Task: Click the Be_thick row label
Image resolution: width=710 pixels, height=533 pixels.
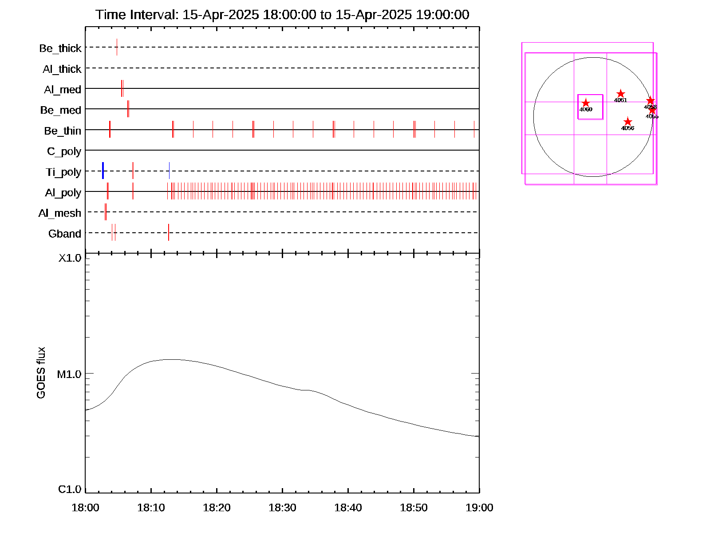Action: (x=60, y=48)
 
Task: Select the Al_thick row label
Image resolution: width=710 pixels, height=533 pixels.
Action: (x=62, y=69)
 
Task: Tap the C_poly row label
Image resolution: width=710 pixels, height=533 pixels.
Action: (x=64, y=151)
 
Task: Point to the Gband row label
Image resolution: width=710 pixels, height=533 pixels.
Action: (x=65, y=234)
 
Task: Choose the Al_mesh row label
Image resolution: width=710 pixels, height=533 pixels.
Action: (x=60, y=213)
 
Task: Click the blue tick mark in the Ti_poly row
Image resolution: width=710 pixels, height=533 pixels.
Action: (x=103, y=171)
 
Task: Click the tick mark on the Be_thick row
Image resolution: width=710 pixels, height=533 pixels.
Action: (x=117, y=47)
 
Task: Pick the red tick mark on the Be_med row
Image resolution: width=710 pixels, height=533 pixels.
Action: (x=128, y=109)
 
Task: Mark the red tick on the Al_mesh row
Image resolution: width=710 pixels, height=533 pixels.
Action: (x=106, y=212)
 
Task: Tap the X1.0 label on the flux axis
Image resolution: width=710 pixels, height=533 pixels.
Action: (x=70, y=258)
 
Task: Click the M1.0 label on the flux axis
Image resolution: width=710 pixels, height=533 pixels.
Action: (x=70, y=374)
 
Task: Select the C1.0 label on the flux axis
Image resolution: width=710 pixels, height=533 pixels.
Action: (x=70, y=489)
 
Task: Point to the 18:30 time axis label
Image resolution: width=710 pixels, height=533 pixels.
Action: (x=282, y=508)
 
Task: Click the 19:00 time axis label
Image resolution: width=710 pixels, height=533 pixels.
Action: (x=479, y=508)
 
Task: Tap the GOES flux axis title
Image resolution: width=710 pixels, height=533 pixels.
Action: (x=41, y=373)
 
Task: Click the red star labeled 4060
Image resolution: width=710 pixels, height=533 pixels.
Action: (x=586, y=103)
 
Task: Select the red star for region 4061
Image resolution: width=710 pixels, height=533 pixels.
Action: (x=621, y=94)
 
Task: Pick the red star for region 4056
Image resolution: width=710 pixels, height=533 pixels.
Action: (x=627, y=122)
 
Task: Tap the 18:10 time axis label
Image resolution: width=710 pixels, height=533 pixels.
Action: (x=151, y=508)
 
